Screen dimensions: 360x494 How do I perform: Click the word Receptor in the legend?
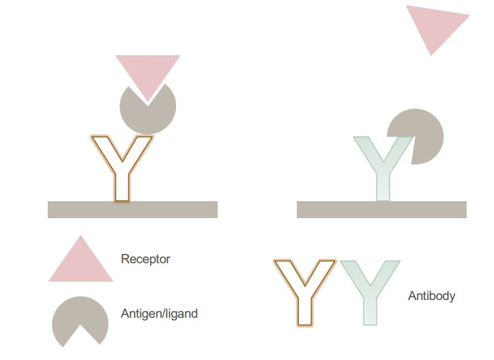click(145, 259)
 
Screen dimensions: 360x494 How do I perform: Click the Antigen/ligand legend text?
click(159, 314)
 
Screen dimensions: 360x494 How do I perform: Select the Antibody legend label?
click(431, 296)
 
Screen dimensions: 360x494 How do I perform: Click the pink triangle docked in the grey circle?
click(147, 72)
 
